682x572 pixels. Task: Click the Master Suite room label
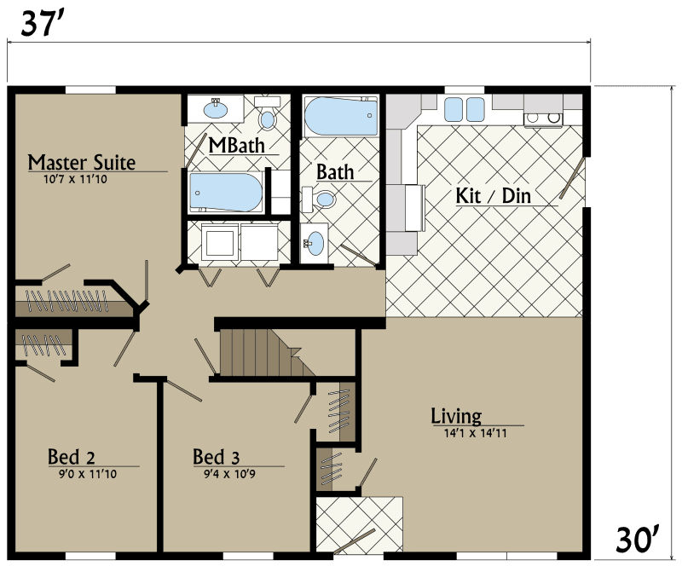pyautogui.click(x=82, y=162)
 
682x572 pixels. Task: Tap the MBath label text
pyautogui.click(x=236, y=145)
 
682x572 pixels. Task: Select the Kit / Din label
pyautogui.click(x=493, y=195)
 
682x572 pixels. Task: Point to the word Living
pyautogui.click(x=456, y=416)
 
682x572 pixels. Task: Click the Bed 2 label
pyautogui.click(x=71, y=457)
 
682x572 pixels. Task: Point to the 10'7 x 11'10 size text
pyautogui.click(x=75, y=180)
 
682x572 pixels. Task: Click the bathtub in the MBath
pyautogui.click(x=226, y=193)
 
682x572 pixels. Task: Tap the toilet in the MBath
pyautogui.click(x=268, y=118)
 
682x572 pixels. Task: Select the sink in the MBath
pyautogui.click(x=215, y=109)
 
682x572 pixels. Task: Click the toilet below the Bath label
pyautogui.click(x=323, y=199)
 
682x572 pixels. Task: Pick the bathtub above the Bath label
pyautogui.click(x=341, y=115)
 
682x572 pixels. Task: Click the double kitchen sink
pyautogui.click(x=463, y=109)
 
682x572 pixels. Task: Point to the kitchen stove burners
pyautogui.click(x=542, y=118)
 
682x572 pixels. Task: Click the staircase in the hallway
pyautogui.click(x=256, y=352)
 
